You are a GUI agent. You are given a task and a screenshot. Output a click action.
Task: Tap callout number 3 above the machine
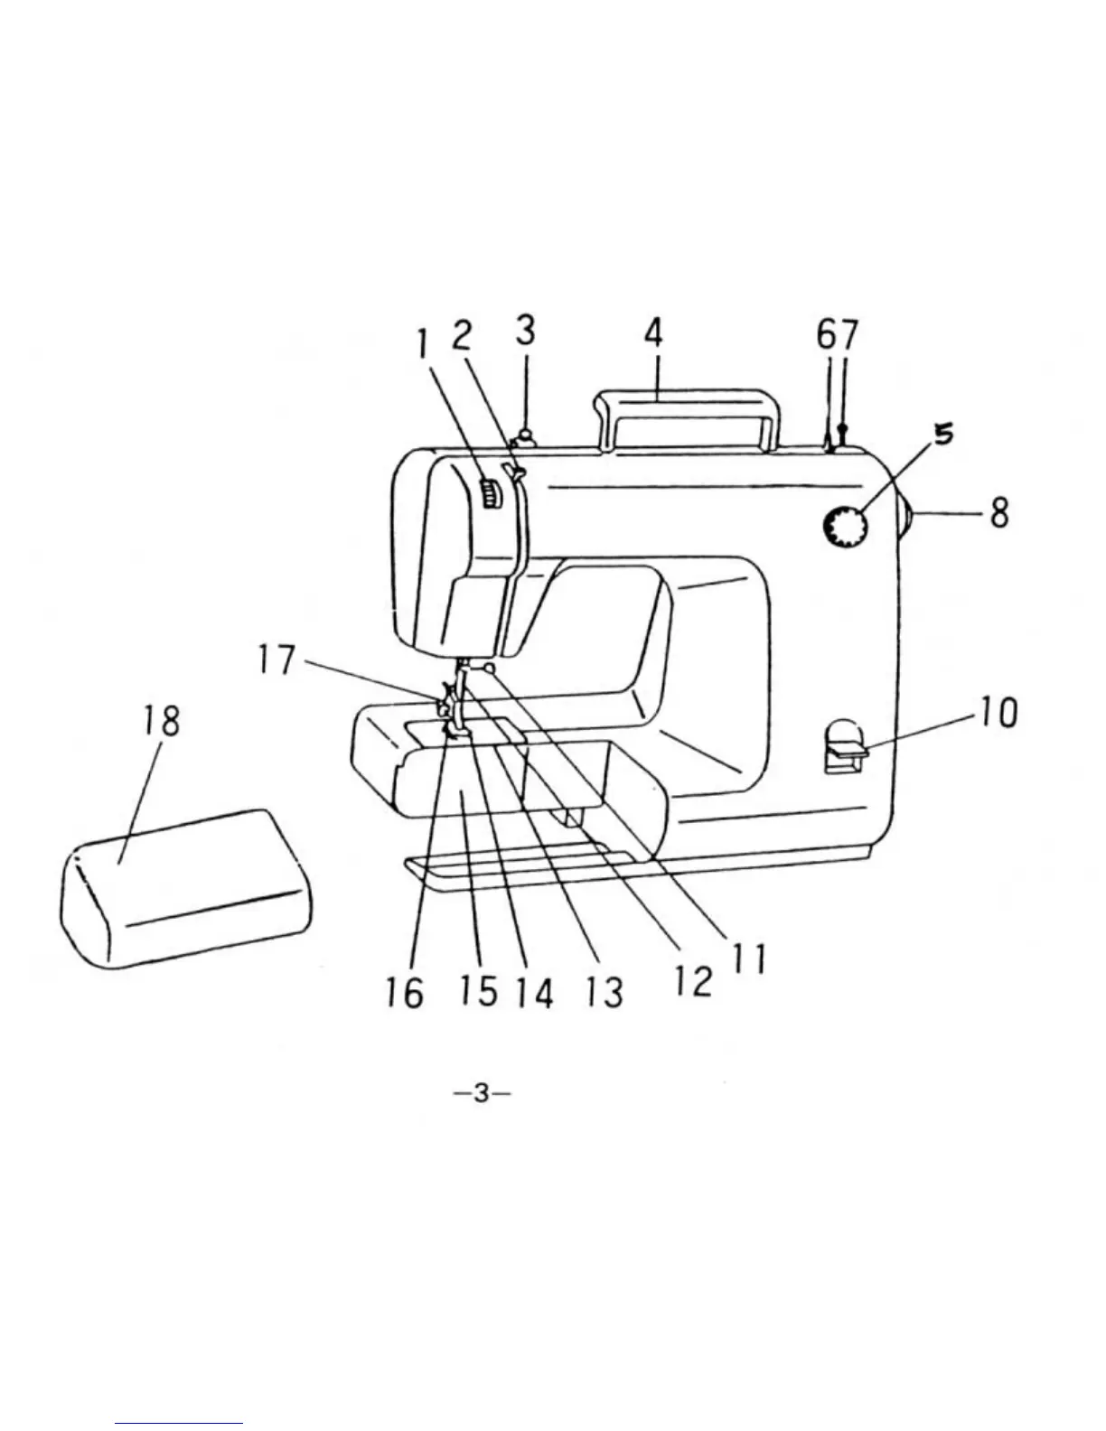525,330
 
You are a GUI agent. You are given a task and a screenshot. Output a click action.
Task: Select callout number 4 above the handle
653,333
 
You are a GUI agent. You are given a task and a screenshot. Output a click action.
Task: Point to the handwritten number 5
942,435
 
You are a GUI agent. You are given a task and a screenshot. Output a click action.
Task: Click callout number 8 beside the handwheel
998,513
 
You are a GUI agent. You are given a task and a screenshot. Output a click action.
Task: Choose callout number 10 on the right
997,712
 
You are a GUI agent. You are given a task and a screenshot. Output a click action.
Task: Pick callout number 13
603,992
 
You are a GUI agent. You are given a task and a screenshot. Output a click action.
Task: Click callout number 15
477,991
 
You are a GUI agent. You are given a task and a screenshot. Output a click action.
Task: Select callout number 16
403,993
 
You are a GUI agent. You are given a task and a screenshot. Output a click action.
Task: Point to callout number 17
276,659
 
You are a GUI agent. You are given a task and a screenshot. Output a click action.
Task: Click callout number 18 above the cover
161,721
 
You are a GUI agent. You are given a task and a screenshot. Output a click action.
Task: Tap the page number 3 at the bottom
482,1093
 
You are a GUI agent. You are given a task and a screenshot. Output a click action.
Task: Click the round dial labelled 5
845,526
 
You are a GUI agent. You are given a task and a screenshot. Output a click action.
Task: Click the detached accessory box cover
185,890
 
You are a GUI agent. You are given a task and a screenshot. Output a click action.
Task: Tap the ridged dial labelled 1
489,495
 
